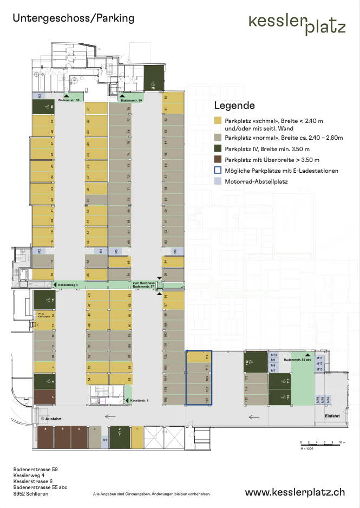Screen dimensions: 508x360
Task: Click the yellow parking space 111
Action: pyautogui.click(x=199, y=357)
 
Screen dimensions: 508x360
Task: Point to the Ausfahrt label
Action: pyautogui.click(x=53, y=419)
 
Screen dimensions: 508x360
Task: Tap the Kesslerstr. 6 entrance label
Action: pyautogui.click(x=139, y=400)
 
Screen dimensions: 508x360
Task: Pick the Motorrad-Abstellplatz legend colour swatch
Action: pyautogui.click(x=218, y=182)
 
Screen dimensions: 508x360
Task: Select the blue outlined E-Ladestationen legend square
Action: pyautogui.click(x=218, y=171)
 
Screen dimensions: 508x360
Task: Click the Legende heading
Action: pyautogui.click(x=234, y=105)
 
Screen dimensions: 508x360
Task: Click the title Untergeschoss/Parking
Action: pyautogui.click(x=73, y=18)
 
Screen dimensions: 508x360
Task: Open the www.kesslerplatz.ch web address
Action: pyautogui.click(x=294, y=492)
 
